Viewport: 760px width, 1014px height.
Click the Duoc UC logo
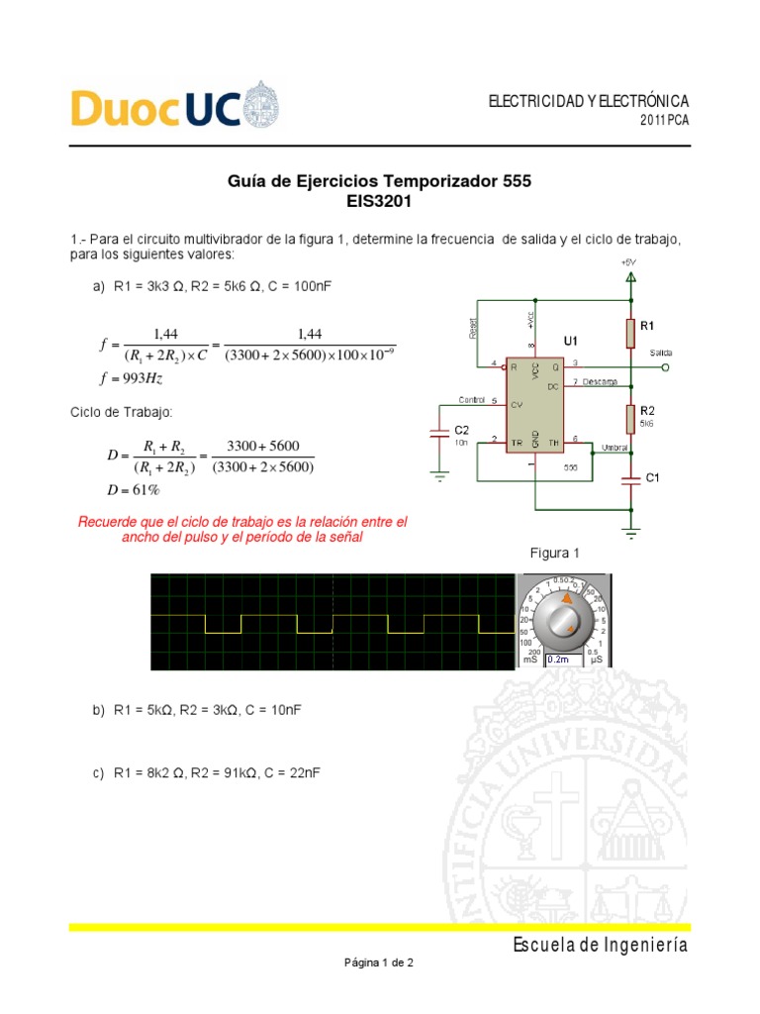pyautogui.click(x=174, y=106)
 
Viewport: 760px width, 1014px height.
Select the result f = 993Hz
pyautogui.click(x=133, y=378)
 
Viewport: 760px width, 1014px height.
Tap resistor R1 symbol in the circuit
pyautogui.click(x=630, y=334)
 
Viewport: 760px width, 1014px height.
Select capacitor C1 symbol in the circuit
pyautogui.click(x=630, y=478)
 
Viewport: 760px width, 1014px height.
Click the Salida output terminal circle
pyautogui.click(x=665, y=366)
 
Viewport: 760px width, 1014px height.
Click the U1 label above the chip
pyautogui.click(x=571, y=341)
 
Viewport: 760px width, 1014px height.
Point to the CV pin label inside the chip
pyautogui.click(x=516, y=404)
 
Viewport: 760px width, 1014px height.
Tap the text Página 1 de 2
pyautogui.click(x=379, y=962)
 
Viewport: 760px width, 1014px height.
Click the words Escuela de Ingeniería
pyautogui.click(x=600, y=945)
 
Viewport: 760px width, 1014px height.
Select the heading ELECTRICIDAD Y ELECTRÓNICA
pyautogui.click(x=588, y=102)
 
